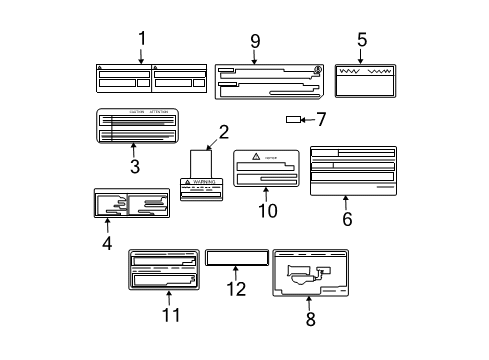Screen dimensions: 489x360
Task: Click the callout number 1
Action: pyautogui.click(x=141, y=39)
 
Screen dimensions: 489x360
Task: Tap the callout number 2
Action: pyautogui.click(x=224, y=131)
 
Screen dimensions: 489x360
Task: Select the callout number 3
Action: pyautogui.click(x=133, y=165)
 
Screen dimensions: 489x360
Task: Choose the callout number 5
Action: pyautogui.click(x=362, y=41)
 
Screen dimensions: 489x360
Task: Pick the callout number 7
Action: pyautogui.click(x=322, y=120)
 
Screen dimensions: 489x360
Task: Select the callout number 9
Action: pyautogui.click(x=255, y=41)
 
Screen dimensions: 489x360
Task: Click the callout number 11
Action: pyautogui.click(x=171, y=316)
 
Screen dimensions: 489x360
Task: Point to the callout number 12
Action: pyautogui.click(x=235, y=290)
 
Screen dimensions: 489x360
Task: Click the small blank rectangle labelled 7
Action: pyautogui.click(x=295, y=120)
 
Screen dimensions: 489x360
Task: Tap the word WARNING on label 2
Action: pyautogui.click(x=209, y=183)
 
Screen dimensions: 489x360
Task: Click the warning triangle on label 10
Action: pyautogui.click(x=255, y=157)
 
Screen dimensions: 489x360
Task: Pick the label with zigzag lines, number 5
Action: pyautogui.click(x=363, y=80)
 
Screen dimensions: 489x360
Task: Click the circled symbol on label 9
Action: pyautogui.click(x=318, y=70)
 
